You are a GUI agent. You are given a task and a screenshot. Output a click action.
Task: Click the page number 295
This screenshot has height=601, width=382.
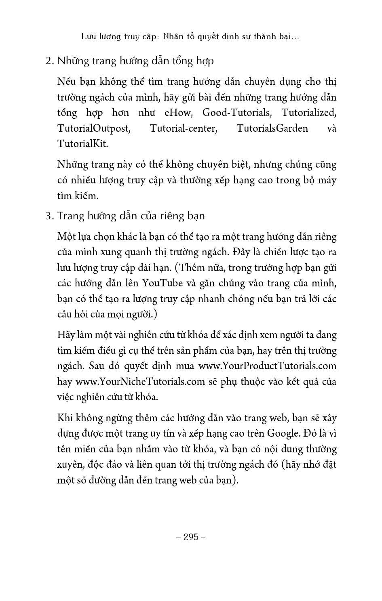[191, 537]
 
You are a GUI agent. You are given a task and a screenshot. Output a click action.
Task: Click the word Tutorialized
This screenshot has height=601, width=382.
[309, 113]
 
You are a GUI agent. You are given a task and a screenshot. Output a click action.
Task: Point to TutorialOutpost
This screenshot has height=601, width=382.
[93, 128]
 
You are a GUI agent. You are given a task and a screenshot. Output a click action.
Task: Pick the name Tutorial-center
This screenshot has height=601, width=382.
[184, 128]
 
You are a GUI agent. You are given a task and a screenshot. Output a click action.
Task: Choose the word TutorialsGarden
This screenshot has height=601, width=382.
[272, 128]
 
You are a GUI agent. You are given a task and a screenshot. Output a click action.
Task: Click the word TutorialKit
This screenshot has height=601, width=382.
[82, 144]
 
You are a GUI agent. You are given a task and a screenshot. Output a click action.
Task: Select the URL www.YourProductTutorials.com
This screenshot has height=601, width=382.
[267, 366]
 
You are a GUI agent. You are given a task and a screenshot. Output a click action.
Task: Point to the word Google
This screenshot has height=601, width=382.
[284, 433]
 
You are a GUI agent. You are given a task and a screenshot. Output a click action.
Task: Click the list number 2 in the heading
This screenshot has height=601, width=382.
[49, 61]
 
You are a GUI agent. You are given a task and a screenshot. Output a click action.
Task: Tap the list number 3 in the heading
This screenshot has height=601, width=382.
[49, 216]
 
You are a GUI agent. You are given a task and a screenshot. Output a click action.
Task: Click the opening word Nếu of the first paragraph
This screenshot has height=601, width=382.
[66, 82]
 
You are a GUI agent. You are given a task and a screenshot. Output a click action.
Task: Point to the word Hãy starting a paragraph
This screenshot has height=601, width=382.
[66, 335]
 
